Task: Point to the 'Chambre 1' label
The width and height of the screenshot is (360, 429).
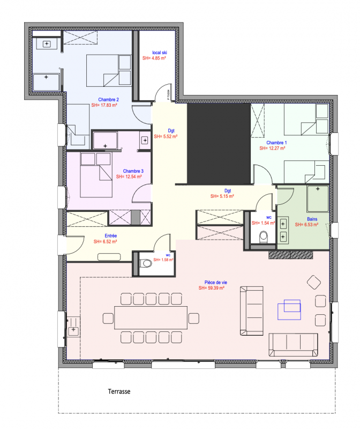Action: tap(277, 142)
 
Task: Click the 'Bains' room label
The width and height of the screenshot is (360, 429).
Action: tap(312, 219)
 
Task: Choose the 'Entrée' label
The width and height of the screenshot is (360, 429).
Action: tap(110, 235)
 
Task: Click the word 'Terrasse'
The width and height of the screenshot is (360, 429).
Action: tap(118, 391)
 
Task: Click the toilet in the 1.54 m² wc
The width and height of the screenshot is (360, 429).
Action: tap(262, 236)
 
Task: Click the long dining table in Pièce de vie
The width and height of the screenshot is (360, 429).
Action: tap(151, 317)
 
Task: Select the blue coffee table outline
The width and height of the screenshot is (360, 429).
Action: tap(289, 307)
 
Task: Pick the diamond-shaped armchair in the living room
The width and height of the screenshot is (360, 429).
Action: tap(314, 282)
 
